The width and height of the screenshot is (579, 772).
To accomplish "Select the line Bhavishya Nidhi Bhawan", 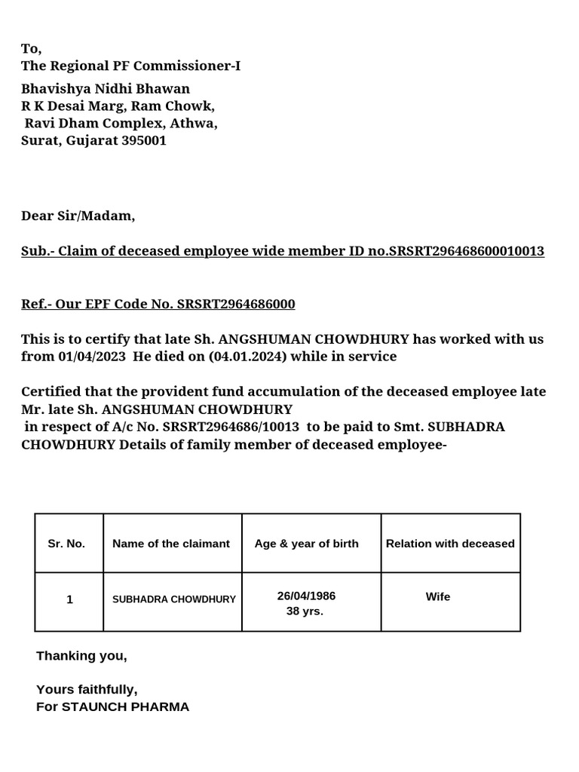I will coord(106,89).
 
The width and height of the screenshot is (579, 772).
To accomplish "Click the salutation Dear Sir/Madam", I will coord(78,216).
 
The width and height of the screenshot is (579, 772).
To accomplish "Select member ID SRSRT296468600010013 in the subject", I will coord(466,251).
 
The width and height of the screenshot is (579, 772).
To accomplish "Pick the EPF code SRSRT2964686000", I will coord(236,304).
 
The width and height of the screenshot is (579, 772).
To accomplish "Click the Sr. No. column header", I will coord(66,544).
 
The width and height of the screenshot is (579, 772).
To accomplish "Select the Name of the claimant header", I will coord(171,544).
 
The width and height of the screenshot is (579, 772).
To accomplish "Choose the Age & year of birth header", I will coord(307,544).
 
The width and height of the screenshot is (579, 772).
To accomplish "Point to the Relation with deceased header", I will coord(450,544).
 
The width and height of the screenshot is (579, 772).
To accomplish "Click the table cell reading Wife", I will coord(438,596).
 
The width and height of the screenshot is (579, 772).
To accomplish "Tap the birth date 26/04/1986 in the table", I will coord(306,596).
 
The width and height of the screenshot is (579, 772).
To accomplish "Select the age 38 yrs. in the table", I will coord(305,611).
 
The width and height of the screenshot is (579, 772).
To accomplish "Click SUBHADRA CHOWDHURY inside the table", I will coord(174,599).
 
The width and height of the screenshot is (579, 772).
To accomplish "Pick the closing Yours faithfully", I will coord(87,689).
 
